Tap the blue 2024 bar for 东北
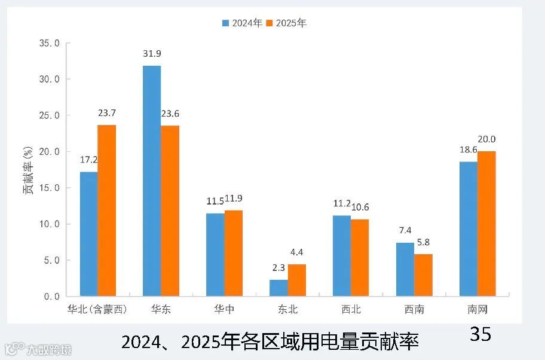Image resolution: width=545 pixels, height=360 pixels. tap(278, 288)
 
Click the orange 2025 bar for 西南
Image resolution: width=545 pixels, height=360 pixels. tap(423, 275)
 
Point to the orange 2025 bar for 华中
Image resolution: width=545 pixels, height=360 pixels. tap(234, 253)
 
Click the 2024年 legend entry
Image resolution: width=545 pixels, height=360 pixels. tap(243, 23)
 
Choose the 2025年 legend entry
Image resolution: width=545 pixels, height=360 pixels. tap(287, 23)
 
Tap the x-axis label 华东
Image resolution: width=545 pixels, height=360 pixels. tap(161, 310)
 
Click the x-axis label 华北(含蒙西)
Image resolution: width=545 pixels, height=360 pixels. tap(97, 310)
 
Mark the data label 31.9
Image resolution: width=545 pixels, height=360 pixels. tap(152, 54)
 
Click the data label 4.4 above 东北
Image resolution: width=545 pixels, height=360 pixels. tap(297, 252)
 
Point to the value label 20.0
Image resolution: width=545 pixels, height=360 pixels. tap(486, 139)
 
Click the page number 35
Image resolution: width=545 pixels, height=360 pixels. tap(480, 334)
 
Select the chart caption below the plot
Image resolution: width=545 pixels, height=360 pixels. tap(270, 342)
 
